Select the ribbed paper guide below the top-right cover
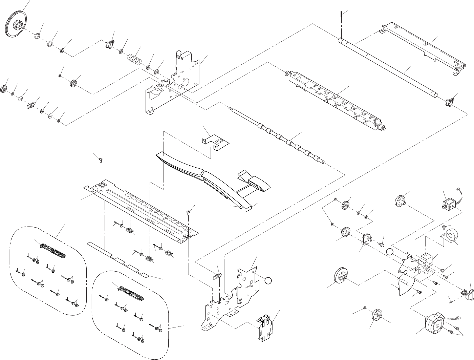[x=335, y=100]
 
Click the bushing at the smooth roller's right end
[x=449, y=101]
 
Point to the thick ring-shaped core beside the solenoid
[x=451, y=236]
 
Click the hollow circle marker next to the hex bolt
[x=390, y=252]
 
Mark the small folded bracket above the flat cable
[x=214, y=142]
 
